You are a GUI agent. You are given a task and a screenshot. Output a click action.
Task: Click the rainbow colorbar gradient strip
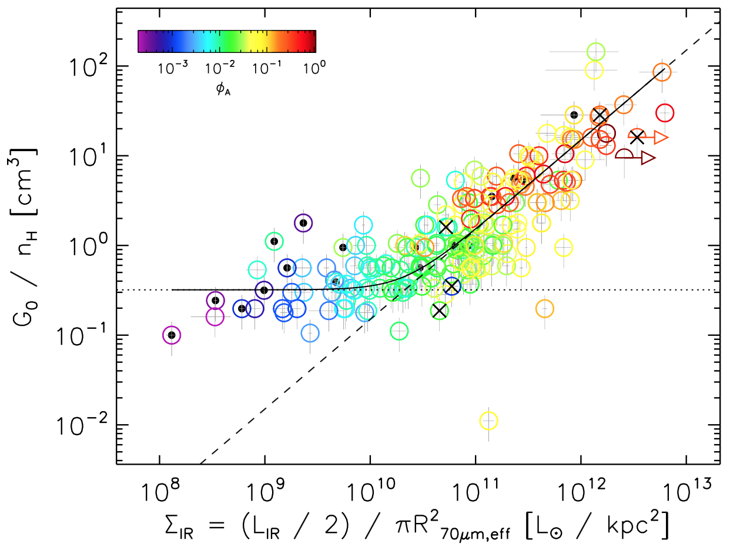coord(226,41)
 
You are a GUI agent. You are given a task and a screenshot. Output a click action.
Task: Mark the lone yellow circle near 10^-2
coord(489,421)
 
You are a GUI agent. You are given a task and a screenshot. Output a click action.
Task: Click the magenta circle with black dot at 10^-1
coord(172,335)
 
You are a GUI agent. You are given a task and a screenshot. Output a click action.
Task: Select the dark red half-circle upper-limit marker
coord(624,154)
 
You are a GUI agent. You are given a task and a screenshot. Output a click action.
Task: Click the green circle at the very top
coord(596,52)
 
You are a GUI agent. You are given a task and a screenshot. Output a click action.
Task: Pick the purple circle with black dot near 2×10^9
coord(303,223)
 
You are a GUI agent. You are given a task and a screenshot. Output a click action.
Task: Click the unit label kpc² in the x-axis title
coord(635,522)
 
